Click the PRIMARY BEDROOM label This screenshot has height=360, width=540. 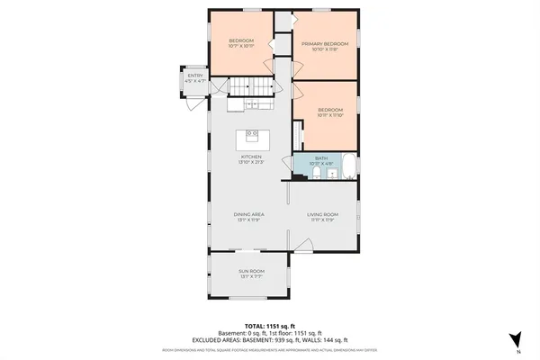(x=326, y=43)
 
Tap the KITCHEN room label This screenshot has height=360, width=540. (x=250, y=157)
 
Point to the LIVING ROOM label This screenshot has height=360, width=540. (x=321, y=214)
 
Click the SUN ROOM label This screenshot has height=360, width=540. (x=250, y=271)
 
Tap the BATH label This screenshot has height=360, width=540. (x=321, y=158)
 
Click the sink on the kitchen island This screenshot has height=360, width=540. (x=251, y=133)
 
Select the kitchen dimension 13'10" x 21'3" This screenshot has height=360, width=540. (x=250, y=162)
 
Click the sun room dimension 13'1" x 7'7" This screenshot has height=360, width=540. (x=250, y=276)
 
